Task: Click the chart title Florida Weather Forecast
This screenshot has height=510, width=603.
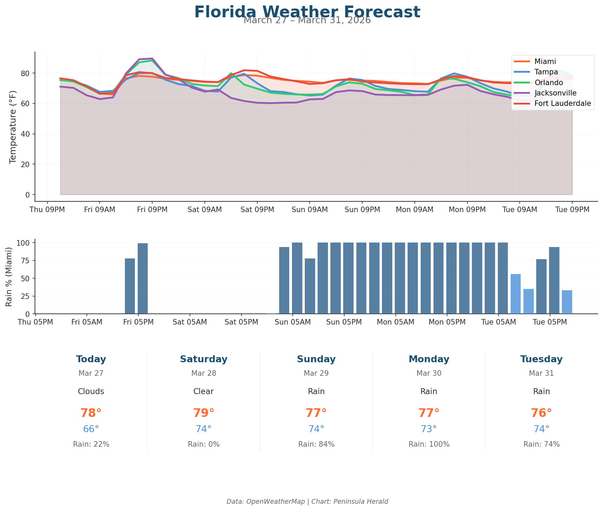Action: pos(307,12)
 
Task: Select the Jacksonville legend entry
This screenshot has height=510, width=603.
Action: pos(555,93)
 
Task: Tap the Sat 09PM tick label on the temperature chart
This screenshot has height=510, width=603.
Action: pos(257,210)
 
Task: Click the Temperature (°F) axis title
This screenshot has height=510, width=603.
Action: pos(13,127)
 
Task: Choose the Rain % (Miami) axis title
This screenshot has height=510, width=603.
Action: pos(9,276)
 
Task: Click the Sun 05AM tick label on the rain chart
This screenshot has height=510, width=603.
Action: pos(293,322)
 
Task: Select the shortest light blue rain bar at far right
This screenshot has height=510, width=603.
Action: pos(567,302)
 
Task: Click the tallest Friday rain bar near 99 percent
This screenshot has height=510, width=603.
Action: pos(143,278)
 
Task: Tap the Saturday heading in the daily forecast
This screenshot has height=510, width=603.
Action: pos(203,359)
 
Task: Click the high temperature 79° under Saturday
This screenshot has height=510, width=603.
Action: pos(203,413)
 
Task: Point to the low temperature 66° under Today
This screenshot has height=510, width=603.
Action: pos(91,429)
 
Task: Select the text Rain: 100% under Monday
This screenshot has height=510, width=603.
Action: pos(429,444)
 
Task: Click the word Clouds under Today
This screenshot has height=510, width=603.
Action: pos(91,391)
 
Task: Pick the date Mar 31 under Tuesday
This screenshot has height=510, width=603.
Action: pos(541,373)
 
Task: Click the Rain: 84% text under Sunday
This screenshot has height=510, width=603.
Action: pos(316,444)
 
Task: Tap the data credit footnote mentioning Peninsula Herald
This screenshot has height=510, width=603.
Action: pos(307,501)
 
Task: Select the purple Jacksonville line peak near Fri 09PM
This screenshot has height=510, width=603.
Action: pos(152,59)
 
